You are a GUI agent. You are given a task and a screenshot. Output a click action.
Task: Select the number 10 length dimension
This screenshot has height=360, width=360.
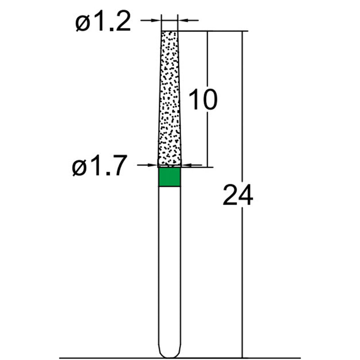point(202,99)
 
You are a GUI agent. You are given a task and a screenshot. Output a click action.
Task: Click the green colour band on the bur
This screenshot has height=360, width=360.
point(169,176)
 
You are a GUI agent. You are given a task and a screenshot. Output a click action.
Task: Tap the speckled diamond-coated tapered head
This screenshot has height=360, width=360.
point(170,99)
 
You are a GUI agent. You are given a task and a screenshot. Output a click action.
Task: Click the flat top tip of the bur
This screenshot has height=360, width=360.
point(170,31)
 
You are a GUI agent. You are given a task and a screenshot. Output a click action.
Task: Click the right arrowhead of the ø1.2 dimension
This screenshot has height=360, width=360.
point(182,20)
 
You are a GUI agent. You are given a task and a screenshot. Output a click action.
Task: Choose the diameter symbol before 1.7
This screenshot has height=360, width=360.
point(80,168)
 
